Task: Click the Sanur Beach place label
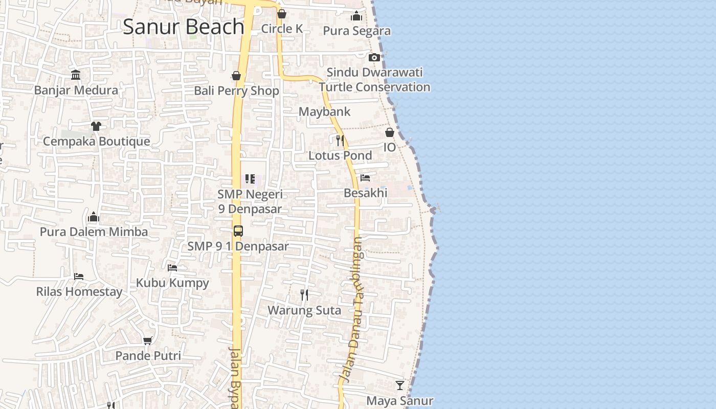point(184,27)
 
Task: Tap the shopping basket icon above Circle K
point(282,14)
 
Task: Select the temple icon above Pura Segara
point(356,16)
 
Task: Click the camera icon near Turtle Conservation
point(374,57)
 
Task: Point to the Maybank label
point(324,111)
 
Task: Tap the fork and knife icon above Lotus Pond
point(340,140)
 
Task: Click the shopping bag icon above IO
point(390,132)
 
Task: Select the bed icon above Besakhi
point(365,178)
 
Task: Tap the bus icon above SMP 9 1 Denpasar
point(238,231)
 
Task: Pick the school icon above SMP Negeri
point(250,179)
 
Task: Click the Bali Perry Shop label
point(236,91)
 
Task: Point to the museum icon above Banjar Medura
point(76,75)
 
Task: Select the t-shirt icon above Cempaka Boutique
point(96,126)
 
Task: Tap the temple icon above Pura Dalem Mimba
point(93,217)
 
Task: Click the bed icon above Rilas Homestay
point(79,277)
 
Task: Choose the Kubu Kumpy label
point(172,283)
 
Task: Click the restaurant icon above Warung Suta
point(304,294)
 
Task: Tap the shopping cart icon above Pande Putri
point(148,340)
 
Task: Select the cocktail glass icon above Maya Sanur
point(400,385)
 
